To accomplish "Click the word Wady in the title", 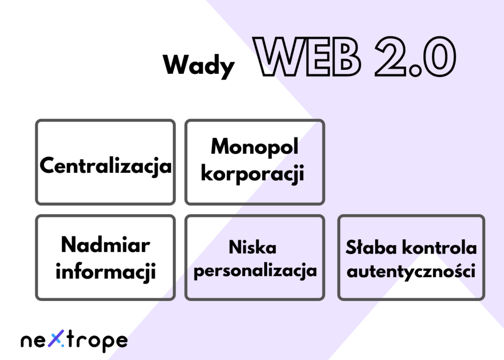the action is pos(199,66).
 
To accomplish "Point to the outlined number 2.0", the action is pos(415,57).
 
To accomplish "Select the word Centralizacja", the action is pos(105,166).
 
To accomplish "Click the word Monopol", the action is pos(254,147).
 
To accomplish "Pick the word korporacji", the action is pos(252,173).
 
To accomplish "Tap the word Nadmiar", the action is pos(105,245).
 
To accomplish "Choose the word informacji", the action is pos(106,271).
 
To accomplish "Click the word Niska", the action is pos(252,247).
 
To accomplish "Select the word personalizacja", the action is pos(255,271).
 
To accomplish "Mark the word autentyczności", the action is pos(411,271).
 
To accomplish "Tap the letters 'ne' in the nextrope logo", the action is pos(34,341).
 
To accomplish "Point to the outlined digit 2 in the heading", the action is pos(390,57).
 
